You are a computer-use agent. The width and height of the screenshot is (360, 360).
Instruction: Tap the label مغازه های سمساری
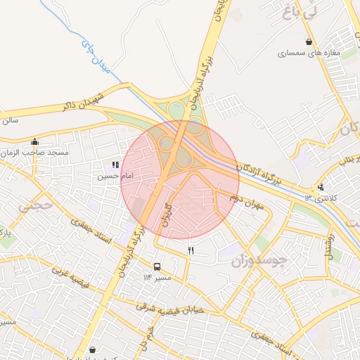tap(309, 53)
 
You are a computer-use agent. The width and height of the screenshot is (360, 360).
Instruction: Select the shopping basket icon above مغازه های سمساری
tap(309, 41)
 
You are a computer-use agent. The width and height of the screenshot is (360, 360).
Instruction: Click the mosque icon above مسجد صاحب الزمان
tap(34, 142)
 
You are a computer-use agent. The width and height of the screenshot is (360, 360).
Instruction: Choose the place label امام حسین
tap(114, 176)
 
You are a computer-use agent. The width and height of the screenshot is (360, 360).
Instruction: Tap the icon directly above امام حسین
tap(115, 165)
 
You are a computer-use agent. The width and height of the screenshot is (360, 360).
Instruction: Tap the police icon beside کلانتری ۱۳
tap(321, 187)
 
